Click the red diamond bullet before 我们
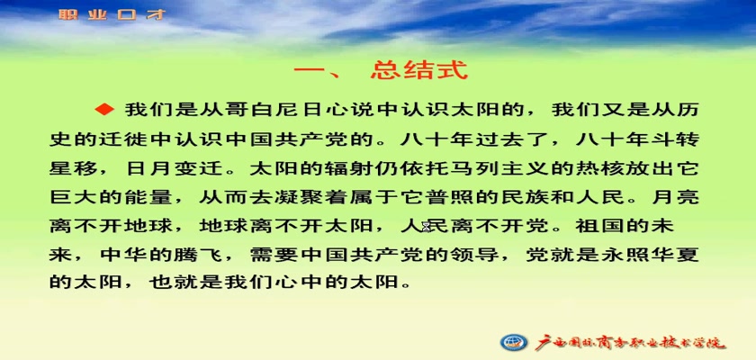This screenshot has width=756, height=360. [104, 110]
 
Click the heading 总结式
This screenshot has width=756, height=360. [419, 70]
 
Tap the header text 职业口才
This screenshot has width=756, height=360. [112, 14]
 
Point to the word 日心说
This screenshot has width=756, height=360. [326, 110]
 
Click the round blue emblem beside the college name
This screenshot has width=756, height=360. [514, 342]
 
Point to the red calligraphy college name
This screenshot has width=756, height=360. [630, 342]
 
